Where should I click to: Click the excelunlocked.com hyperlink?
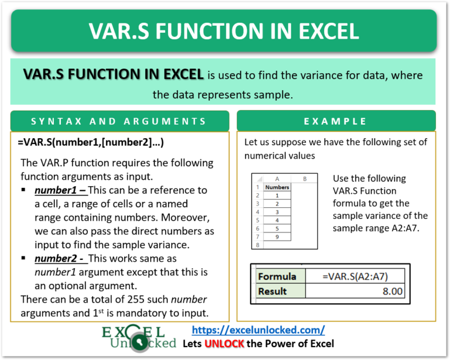pyautogui.click(x=258, y=330)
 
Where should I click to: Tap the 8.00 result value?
pyautogui.click(x=393, y=291)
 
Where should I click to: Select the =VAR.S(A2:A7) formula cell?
pyautogui.click(x=355, y=276)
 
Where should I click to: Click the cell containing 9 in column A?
pyautogui.click(x=277, y=236)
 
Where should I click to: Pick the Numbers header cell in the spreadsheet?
pyautogui.click(x=277, y=187)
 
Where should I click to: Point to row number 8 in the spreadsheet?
pyautogui.click(x=257, y=245)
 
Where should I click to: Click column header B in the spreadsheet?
pyautogui.click(x=305, y=179)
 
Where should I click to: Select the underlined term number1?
pyautogui.click(x=56, y=190)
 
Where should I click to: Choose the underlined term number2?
pyautogui.click(x=56, y=259)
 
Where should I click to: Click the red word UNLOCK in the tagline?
pyautogui.click(x=224, y=344)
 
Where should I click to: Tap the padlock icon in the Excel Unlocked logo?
pyautogui.click(x=139, y=342)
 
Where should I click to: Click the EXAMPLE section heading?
pyautogui.click(x=335, y=121)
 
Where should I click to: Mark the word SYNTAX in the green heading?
pyautogui.click(x=57, y=121)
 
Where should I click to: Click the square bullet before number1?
pyautogui.click(x=23, y=190)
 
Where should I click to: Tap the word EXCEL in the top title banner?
pyautogui.click(x=329, y=31)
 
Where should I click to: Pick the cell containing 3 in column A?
pyautogui.click(x=277, y=212)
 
